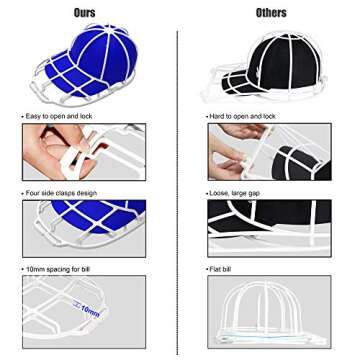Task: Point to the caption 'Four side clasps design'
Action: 50,192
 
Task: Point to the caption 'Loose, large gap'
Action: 227,192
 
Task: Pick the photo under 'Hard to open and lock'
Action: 268,153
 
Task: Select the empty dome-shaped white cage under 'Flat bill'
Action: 268,312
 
